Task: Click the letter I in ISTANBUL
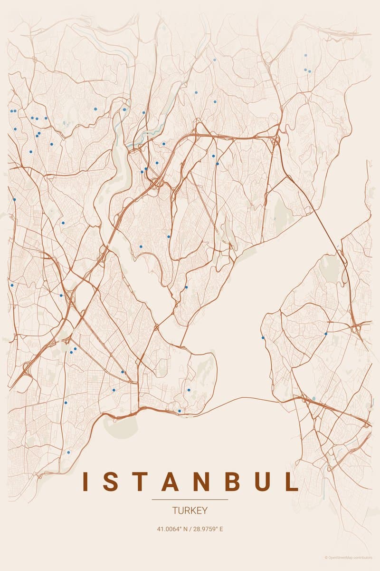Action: pyautogui.click(x=85, y=482)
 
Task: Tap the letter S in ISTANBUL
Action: pyautogui.click(x=110, y=482)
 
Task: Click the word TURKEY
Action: pyautogui.click(x=190, y=511)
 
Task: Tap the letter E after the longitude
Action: pyautogui.click(x=221, y=529)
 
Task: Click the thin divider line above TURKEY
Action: pyautogui.click(x=190, y=500)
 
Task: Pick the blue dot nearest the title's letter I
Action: pyautogui.click(x=68, y=452)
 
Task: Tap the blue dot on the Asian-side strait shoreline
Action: pyautogui.click(x=263, y=337)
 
